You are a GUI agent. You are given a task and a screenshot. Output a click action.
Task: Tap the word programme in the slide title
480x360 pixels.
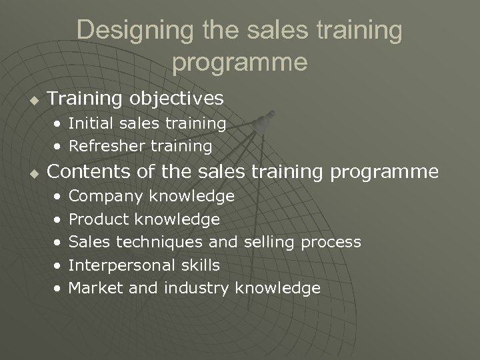pyautogui.click(x=240, y=62)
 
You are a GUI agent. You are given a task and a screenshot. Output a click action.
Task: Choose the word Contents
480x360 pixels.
pyautogui.click(x=87, y=172)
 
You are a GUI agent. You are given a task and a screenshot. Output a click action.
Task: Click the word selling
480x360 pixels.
pyautogui.click(x=268, y=242)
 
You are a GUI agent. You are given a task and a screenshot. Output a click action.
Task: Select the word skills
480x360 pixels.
pyautogui.click(x=199, y=265)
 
